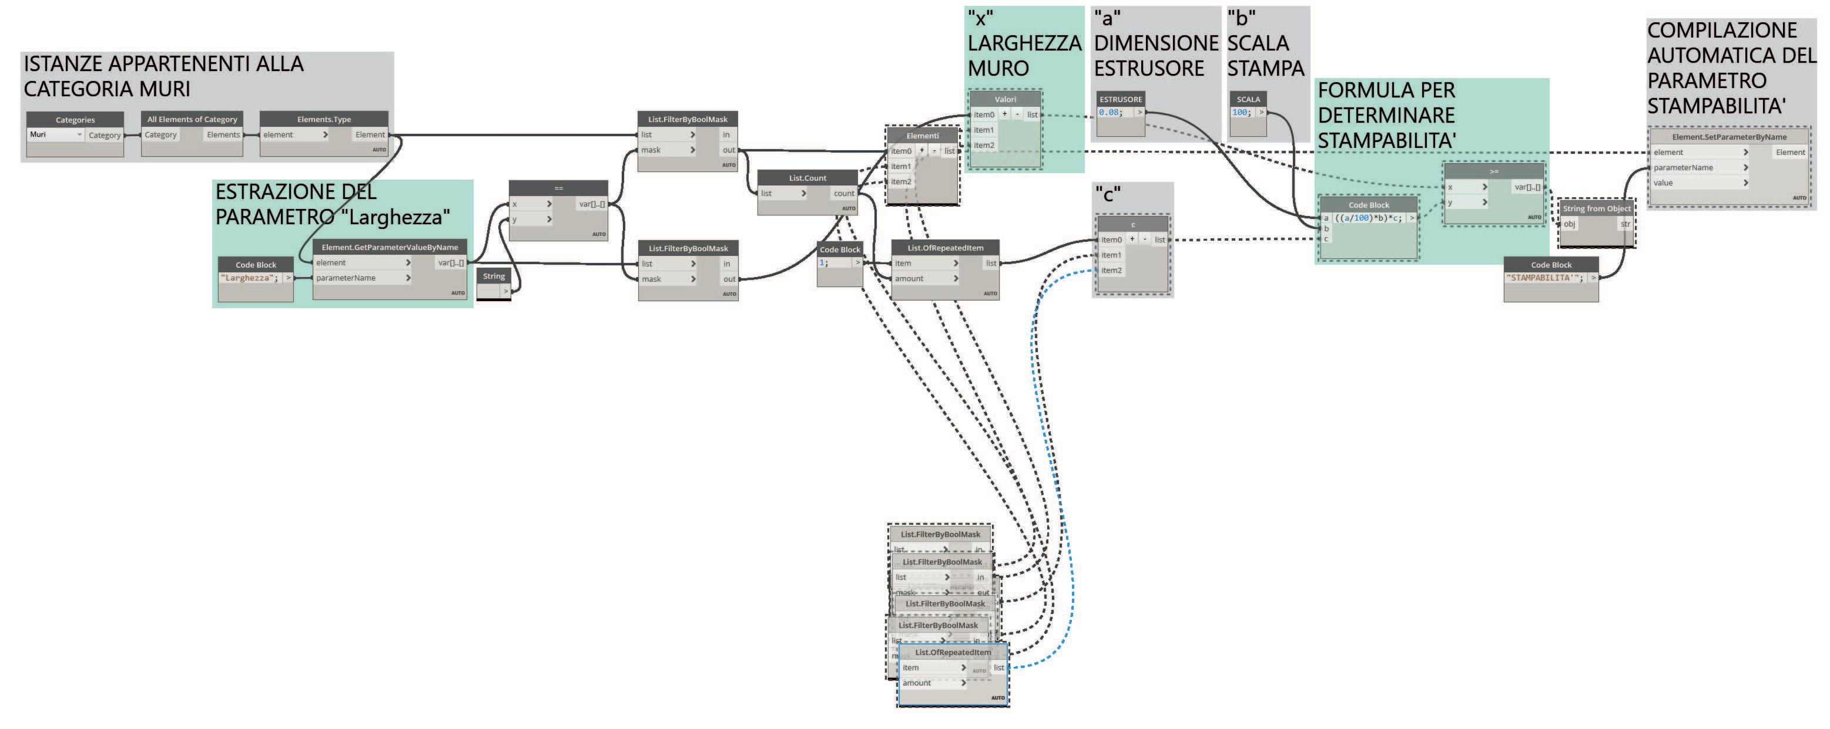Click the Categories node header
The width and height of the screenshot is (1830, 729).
point(75,120)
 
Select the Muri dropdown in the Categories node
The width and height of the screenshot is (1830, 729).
point(55,135)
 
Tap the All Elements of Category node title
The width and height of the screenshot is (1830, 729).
point(192,119)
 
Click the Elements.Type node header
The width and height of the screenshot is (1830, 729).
point(324,119)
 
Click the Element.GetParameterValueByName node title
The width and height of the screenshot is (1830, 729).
point(389,247)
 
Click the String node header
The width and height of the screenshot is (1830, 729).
point(494,276)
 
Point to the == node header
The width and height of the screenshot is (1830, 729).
point(558,188)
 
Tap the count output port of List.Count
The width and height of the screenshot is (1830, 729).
point(844,194)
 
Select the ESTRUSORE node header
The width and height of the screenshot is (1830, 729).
point(1121,99)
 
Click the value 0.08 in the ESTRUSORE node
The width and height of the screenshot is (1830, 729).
point(1110,113)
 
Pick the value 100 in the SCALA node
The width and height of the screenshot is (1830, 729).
point(1241,113)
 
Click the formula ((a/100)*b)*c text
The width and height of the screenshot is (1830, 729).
point(1368,218)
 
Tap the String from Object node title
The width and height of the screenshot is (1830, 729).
point(1596,209)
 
